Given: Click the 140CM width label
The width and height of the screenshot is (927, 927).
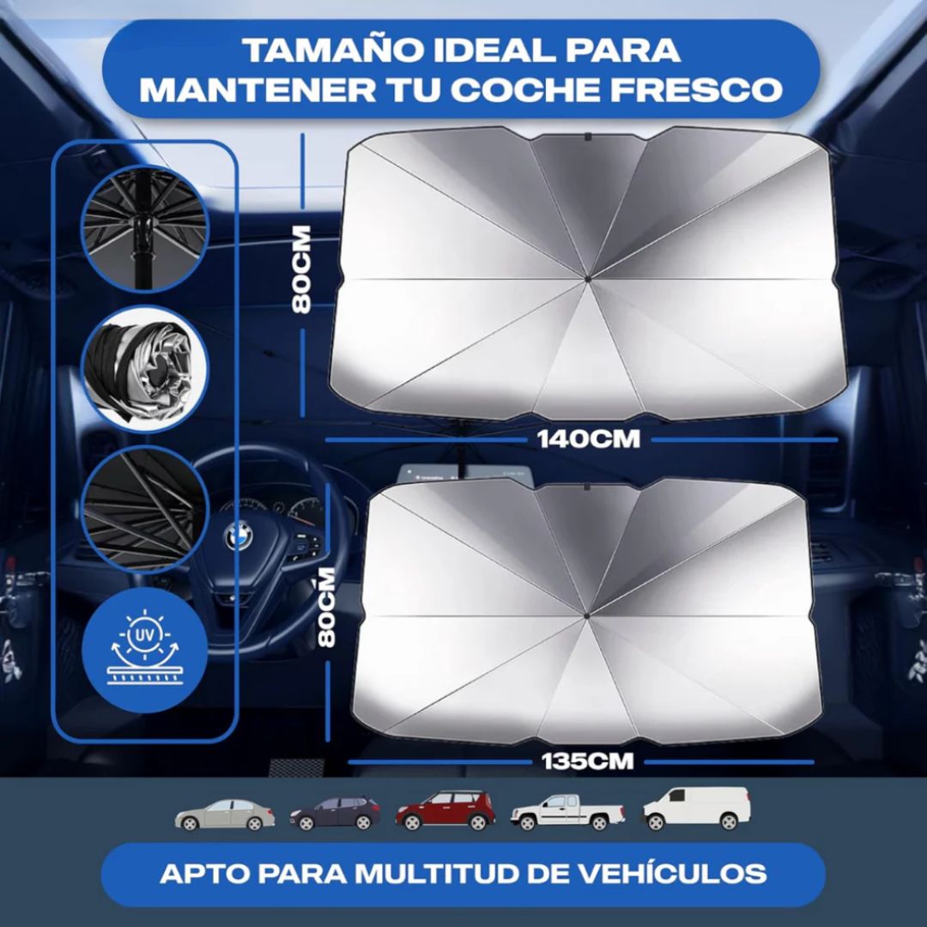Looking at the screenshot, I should (x=588, y=439).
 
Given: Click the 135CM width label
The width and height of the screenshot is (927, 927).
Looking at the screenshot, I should (x=588, y=760).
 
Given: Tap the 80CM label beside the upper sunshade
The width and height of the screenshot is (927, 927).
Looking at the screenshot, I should (x=302, y=269).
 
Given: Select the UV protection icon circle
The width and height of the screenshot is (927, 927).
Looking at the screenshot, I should (x=144, y=650).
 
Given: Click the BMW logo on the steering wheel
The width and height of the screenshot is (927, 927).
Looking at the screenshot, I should (x=237, y=538).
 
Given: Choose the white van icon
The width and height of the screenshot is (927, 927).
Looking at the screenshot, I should (x=696, y=808).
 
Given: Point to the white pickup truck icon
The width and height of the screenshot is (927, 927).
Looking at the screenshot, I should (x=567, y=811).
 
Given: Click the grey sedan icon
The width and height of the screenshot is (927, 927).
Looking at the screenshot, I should (x=225, y=814).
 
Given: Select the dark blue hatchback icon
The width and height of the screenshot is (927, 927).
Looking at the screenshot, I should (x=335, y=812).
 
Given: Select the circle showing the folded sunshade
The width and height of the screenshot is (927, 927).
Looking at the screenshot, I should (x=144, y=367).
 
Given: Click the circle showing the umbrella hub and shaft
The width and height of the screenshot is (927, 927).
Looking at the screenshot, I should (x=144, y=228).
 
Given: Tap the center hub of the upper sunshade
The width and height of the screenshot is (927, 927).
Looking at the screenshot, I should (x=587, y=278).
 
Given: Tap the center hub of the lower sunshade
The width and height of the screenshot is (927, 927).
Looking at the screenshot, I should (x=586, y=615).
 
